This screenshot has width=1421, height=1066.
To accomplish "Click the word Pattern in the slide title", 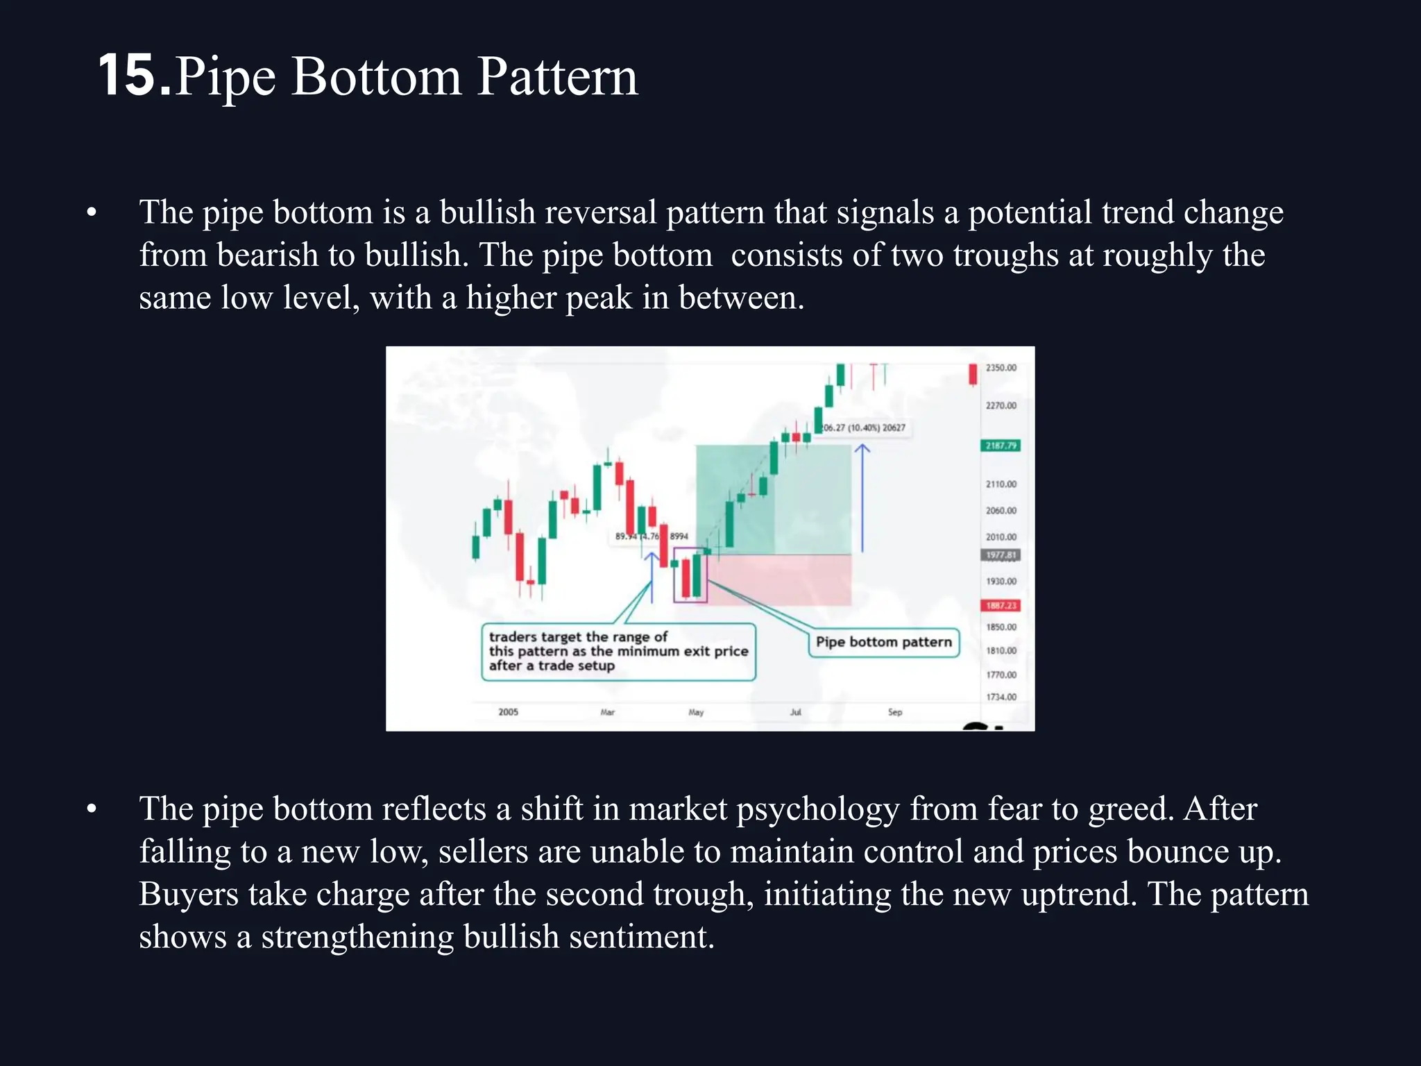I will coord(557,76).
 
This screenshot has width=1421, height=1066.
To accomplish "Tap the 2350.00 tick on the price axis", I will coord(1001,368).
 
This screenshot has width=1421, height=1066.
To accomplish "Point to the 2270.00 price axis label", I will coord(1001,405).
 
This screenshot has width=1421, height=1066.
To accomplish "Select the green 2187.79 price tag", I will coord(1001,446).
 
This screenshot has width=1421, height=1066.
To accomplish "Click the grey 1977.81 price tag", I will coord(1001,555).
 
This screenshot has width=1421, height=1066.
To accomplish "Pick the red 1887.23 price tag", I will coord(1001,606).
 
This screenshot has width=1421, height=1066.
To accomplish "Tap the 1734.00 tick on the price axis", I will coord(1001,697).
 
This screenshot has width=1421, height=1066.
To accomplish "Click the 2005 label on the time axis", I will coord(508,712).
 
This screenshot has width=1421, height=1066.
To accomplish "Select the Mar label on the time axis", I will coord(607,712).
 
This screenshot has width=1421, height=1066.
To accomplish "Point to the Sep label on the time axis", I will coord(895,712).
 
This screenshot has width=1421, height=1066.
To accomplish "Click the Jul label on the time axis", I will coord(795,712).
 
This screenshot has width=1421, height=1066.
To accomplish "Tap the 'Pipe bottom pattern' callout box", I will coord(883,642).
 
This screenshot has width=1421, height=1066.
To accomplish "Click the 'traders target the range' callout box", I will coord(618,652).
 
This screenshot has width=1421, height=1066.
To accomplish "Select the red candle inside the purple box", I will coord(686,577).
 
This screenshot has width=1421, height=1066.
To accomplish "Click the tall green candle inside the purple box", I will coord(697,575).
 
